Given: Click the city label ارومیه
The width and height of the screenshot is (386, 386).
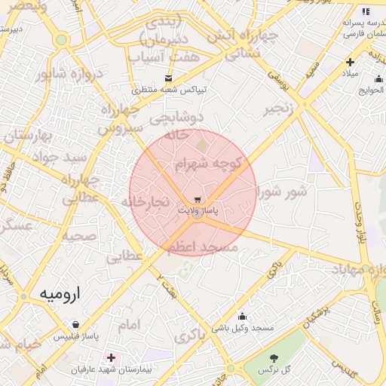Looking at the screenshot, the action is (60, 292).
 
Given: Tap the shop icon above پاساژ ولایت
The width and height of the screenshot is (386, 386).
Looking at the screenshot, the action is (198, 200).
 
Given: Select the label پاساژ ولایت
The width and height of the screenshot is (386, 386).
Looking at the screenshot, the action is (197, 211).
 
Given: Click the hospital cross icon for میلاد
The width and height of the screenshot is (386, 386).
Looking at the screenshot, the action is (350, 62).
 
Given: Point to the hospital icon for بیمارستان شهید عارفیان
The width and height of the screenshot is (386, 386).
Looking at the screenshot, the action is (112, 357).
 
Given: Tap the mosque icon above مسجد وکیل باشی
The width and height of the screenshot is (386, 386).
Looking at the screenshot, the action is (242, 317).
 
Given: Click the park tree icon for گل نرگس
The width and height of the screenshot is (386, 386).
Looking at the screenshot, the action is (274, 358).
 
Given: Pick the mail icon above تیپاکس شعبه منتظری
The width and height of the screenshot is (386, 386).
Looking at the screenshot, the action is (168, 78).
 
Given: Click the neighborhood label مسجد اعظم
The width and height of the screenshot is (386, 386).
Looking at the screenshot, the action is (204, 247).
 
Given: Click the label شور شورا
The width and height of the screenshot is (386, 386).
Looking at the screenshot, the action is (283, 191).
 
